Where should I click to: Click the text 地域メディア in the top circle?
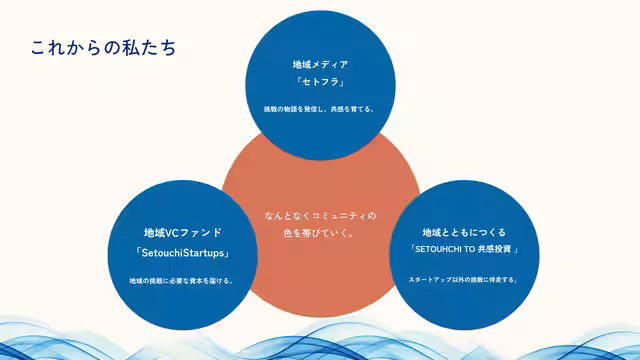320,64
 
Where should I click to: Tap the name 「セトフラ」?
320,82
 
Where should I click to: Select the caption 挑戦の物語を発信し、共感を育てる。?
320,109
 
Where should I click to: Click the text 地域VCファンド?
182,232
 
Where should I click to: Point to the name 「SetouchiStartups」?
182,252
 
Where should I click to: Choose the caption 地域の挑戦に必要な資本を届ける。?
182,280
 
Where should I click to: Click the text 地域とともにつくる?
464,232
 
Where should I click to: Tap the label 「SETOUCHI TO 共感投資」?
464,250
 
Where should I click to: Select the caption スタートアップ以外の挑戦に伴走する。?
464,279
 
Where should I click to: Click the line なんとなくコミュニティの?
320,215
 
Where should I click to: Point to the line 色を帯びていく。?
320,234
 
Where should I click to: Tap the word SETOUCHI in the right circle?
438,250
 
